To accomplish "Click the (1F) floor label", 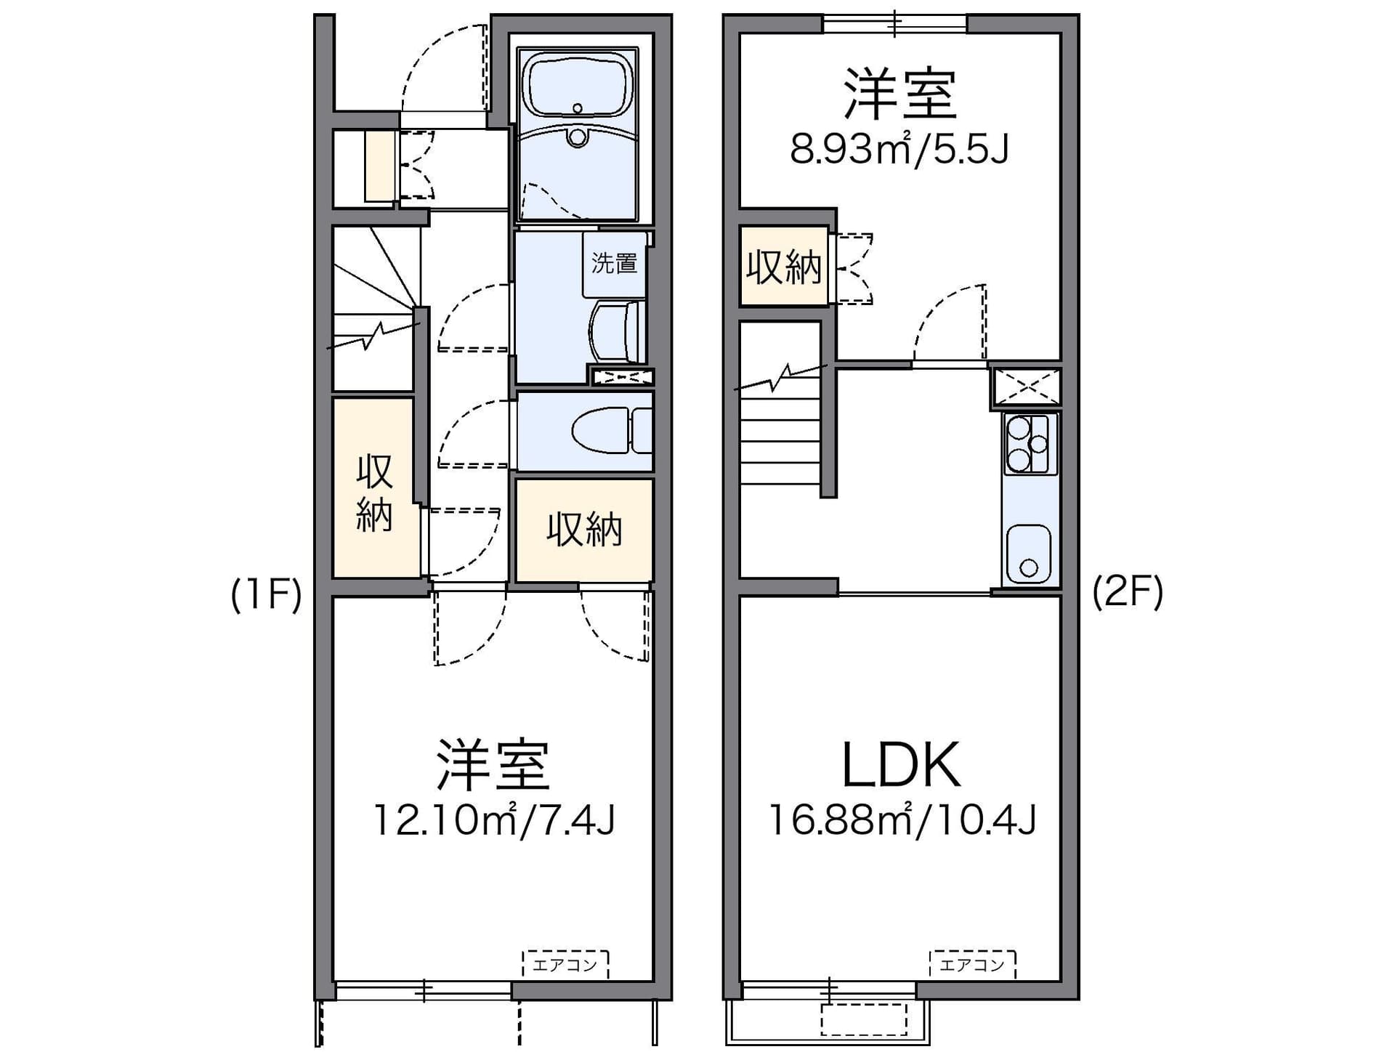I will click(266, 595).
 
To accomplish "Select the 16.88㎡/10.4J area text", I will click(901, 820).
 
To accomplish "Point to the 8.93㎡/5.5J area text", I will click(899, 150).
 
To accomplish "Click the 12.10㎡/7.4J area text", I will click(494, 820).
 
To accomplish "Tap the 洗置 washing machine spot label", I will click(614, 263).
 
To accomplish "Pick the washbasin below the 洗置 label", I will click(618, 331).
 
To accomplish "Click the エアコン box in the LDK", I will click(972, 964).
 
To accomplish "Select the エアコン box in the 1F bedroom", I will click(565, 964).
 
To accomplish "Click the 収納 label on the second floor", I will click(784, 267).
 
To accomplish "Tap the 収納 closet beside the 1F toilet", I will click(584, 530).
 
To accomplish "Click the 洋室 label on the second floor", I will click(899, 94).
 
